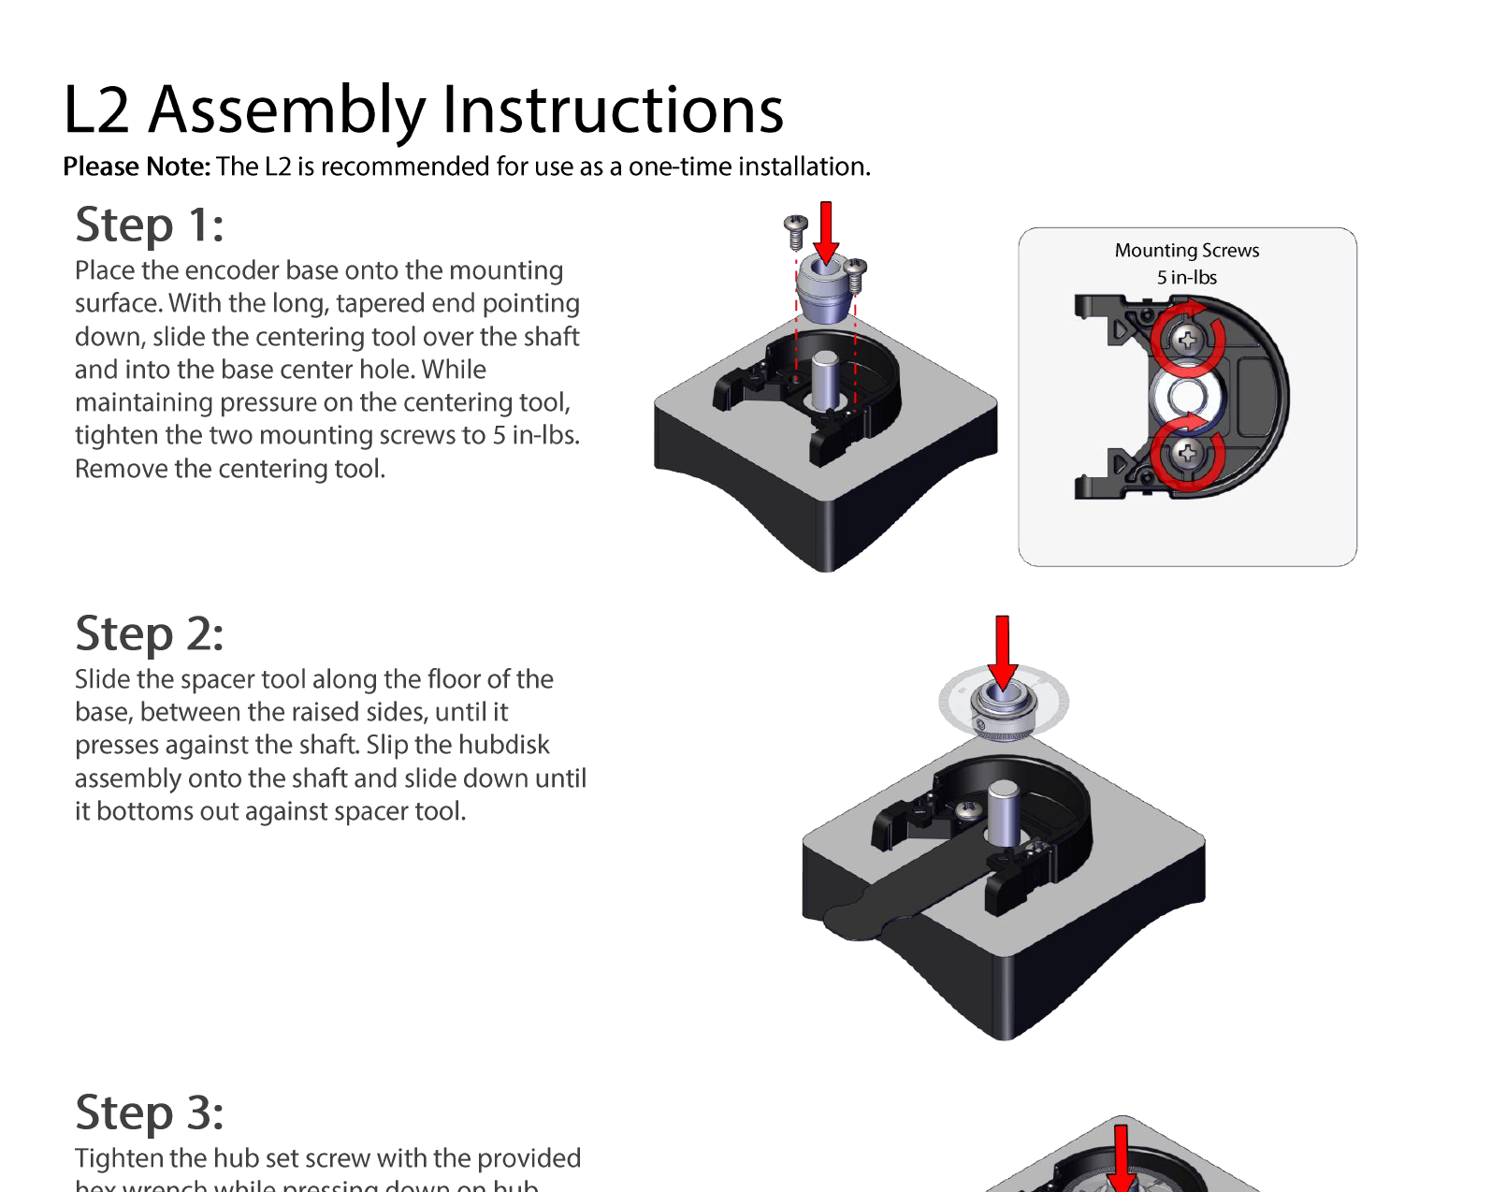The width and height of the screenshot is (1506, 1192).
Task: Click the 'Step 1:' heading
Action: tap(150, 225)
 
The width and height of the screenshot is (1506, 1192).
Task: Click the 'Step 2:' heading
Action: tap(150, 634)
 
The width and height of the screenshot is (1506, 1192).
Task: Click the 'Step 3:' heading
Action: tap(150, 1113)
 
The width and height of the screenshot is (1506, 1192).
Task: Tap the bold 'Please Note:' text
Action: tap(137, 167)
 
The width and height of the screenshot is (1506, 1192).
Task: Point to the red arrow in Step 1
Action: tap(826, 231)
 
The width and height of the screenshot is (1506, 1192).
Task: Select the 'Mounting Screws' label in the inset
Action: tap(1186, 251)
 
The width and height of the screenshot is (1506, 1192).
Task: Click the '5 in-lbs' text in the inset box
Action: tap(1186, 278)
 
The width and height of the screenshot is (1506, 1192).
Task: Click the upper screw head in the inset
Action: tap(1187, 339)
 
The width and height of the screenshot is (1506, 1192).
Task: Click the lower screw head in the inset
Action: tap(1187, 454)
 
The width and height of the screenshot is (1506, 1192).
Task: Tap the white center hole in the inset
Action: tap(1186, 397)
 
